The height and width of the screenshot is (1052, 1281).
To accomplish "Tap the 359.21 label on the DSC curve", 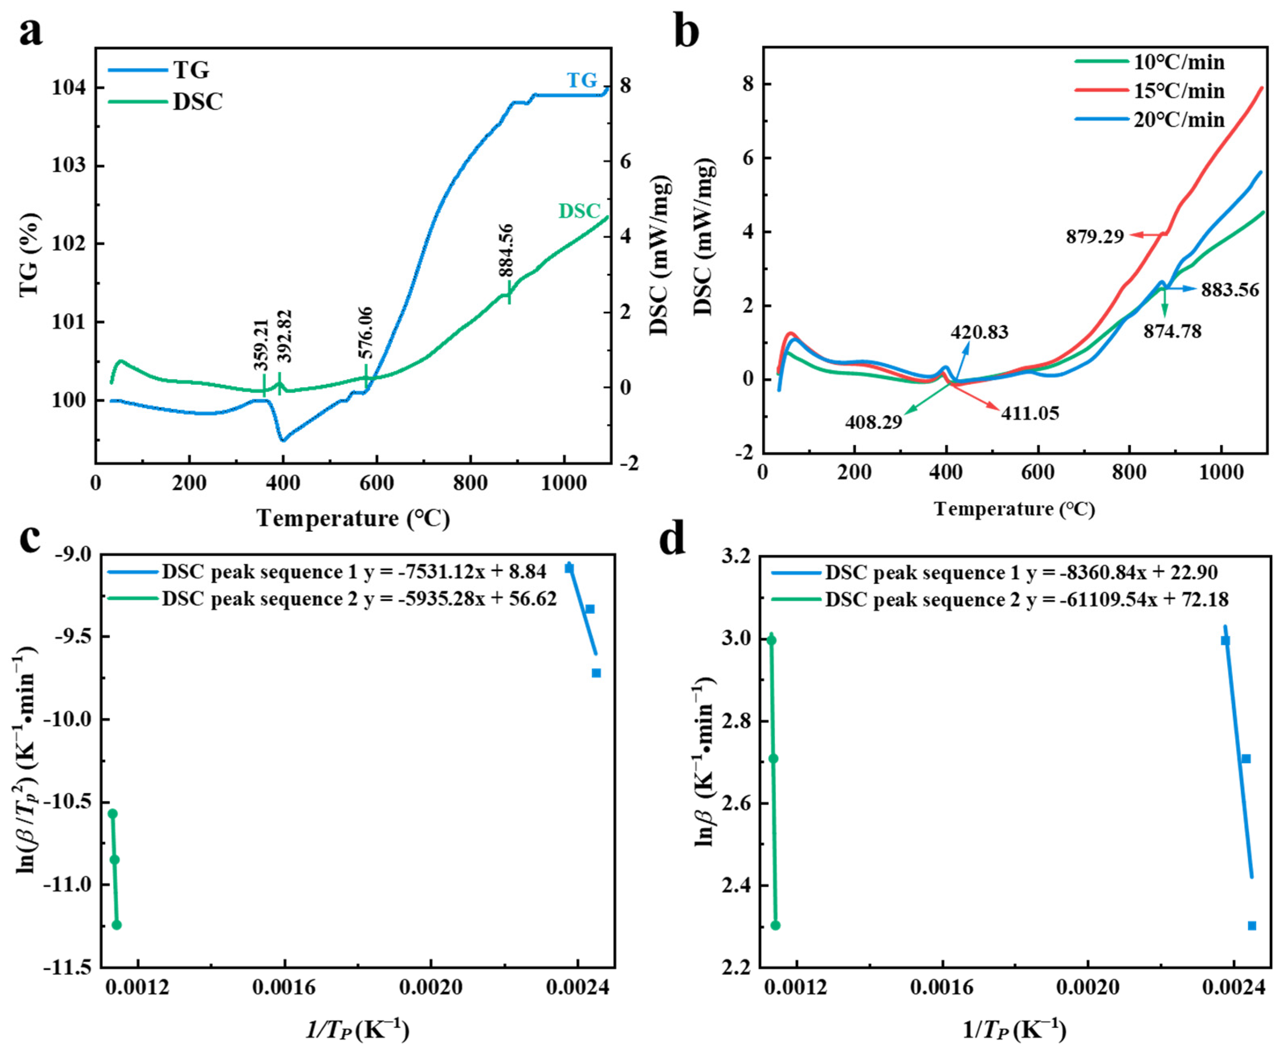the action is (261, 344).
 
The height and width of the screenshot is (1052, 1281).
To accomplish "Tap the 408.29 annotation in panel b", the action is (874, 422).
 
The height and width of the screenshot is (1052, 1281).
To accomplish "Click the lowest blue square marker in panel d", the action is (1252, 925).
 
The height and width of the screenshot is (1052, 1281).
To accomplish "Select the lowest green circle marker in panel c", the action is (117, 925).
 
